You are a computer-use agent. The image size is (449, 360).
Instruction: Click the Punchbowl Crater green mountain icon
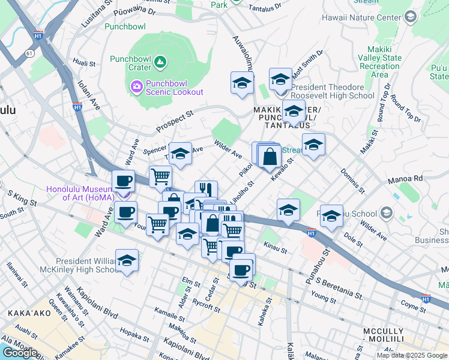tap(160, 61)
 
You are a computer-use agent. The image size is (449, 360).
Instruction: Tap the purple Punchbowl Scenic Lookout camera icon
tap(136, 87)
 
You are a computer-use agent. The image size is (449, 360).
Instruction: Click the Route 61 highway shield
tap(29, 53)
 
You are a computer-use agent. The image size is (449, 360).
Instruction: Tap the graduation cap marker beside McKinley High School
tap(127, 261)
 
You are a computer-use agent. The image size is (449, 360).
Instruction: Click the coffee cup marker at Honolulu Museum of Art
tap(124, 181)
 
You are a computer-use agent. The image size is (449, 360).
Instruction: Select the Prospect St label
tap(175, 121)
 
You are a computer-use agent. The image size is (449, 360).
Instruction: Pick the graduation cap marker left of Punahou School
tap(331, 217)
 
